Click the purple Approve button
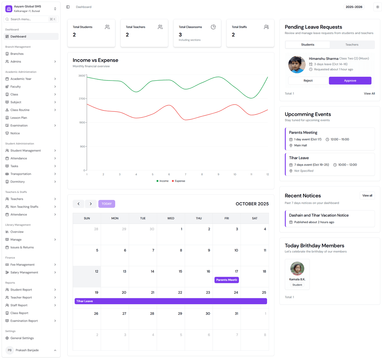pos(350,81)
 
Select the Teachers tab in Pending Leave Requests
pos(352,45)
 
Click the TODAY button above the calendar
pos(107,204)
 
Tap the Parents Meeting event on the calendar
pos(227,280)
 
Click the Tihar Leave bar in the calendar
pos(171,301)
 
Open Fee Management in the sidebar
pos(23,265)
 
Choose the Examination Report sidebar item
pos(24,321)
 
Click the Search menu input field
pos(29,19)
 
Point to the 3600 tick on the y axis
pos(82,76)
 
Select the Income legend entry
pos(163,181)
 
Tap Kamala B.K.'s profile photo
pos(297,269)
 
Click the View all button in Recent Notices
pos(367,195)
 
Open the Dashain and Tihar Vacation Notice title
pos(319,215)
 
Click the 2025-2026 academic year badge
pos(354,7)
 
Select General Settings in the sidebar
pos(22,338)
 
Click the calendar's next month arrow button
pos(91,204)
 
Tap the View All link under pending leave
pos(369,94)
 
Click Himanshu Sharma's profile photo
pos(297,64)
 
